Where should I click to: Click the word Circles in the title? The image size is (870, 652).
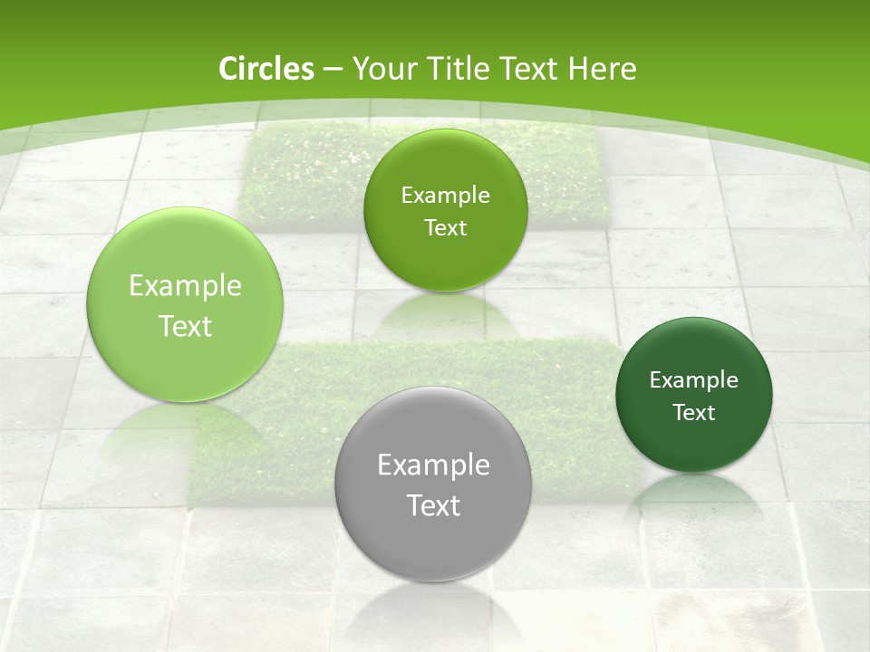[266, 69]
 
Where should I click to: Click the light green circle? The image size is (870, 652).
[185, 304]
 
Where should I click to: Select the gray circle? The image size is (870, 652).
[432, 484]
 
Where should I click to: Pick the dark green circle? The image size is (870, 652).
[694, 395]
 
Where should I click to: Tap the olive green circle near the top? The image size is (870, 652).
[445, 210]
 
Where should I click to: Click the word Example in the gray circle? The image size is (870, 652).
[433, 465]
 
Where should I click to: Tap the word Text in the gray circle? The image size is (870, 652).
[433, 505]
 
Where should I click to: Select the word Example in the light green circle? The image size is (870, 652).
[185, 286]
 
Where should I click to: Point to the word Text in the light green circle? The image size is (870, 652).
[185, 326]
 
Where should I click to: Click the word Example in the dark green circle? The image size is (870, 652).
[694, 380]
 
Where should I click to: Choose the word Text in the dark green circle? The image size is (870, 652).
[694, 413]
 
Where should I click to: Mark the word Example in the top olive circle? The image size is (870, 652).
[445, 196]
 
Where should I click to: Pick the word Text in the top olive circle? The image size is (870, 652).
[445, 228]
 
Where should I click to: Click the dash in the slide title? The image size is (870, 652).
[332, 70]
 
